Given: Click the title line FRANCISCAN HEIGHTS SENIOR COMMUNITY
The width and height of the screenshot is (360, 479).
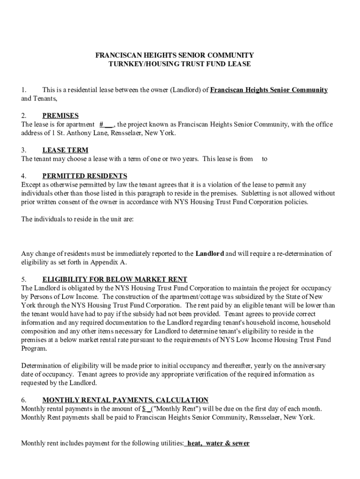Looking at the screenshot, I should click(x=174, y=55).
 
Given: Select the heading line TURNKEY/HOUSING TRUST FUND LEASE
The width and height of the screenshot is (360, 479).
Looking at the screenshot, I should click(x=180, y=64).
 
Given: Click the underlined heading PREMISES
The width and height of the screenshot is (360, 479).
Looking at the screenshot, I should click(x=60, y=116).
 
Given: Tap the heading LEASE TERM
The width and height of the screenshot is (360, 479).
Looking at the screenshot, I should click(x=65, y=150).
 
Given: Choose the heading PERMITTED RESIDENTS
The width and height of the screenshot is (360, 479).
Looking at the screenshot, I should click(x=85, y=176).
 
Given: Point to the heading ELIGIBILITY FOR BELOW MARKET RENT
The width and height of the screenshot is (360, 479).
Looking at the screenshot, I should click(x=115, y=279).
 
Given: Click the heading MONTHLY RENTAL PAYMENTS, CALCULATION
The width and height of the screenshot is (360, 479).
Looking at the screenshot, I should click(x=125, y=400).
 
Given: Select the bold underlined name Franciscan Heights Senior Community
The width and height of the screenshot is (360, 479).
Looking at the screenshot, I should click(x=269, y=90).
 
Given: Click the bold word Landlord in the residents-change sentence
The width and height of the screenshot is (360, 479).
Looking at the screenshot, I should click(x=209, y=254).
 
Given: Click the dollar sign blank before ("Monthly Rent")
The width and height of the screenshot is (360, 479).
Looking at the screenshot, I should click(x=146, y=409).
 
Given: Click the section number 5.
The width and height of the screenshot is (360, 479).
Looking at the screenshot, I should click(x=23, y=279).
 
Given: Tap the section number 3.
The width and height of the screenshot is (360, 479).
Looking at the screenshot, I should click(x=23, y=150).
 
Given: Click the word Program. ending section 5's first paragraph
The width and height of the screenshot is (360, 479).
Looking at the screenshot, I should click(x=34, y=348).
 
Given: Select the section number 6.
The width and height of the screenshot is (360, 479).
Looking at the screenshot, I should click(x=23, y=400).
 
